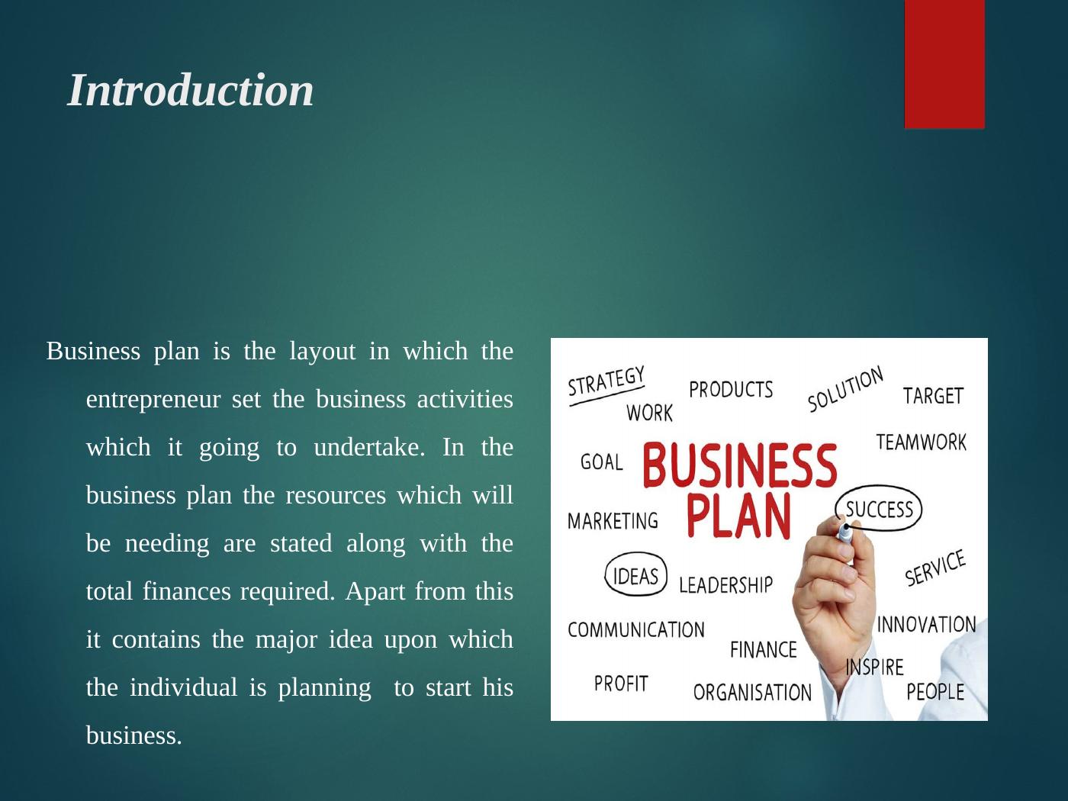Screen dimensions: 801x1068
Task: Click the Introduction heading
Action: tap(191, 90)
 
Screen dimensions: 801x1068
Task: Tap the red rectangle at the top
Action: tap(944, 64)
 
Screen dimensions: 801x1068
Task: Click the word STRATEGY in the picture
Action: tap(606, 382)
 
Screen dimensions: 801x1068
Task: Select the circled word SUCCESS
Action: tap(879, 509)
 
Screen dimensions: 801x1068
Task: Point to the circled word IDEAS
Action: tap(635, 576)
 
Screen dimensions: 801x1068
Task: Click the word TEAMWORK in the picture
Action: tap(921, 442)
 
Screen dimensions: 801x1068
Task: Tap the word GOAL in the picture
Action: tap(602, 462)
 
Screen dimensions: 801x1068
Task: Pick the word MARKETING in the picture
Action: tap(613, 521)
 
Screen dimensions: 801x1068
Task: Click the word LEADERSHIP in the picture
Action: tap(725, 585)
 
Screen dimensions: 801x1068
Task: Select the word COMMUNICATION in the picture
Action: tap(636, 630)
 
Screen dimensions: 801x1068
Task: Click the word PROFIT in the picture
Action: tap(621, 683)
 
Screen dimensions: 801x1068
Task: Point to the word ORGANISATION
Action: tap(752, 693)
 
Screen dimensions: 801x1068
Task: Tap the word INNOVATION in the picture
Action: tap(926, 625)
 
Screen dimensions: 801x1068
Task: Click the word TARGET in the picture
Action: tap(933, 396)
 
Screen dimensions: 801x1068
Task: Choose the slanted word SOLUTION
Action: tap(845, 389)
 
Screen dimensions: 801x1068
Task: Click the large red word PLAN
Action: tap(738, 516)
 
